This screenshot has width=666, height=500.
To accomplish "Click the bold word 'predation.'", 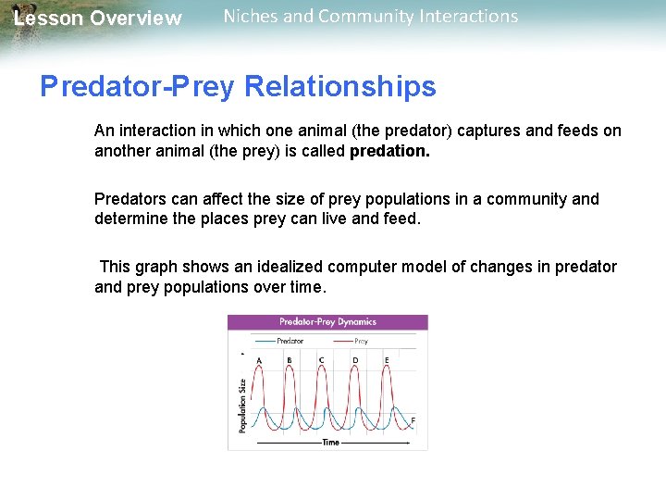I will (389, 151).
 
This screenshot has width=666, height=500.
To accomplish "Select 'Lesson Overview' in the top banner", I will (98, 19).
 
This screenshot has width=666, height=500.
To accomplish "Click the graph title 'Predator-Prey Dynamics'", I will (327, 322).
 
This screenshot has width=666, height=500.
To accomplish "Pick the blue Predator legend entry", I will (282, 341).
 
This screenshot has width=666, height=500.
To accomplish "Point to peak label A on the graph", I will (258, 360).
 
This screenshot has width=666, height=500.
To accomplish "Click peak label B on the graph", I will (290, 360).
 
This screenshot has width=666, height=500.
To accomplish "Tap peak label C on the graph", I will (321, 360).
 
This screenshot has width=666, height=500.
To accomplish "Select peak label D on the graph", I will (355, 360).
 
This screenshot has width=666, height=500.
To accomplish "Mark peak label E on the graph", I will (386, 360).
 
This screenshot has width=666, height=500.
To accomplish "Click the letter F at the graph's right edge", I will (413, 421).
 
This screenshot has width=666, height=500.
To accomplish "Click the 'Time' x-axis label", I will (330, 443).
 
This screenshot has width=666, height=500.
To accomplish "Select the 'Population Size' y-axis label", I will (242, 405).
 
